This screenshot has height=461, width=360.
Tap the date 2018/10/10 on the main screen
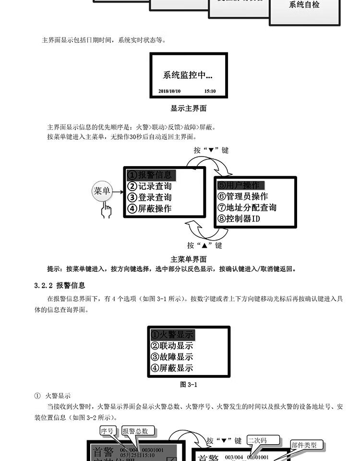point(169,91)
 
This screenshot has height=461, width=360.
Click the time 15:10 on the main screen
point(210,91)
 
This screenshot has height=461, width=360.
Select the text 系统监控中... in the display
point(188,75)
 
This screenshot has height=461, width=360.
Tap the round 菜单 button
point(102,191)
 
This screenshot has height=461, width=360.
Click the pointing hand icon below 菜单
point(106,210)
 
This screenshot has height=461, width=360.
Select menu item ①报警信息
point(149,174)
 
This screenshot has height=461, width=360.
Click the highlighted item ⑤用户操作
point(239,185)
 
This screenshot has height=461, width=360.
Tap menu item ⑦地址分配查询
point(247,208)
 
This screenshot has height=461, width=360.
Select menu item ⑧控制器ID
point(239,219)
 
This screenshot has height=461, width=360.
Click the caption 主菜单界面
point(189,259)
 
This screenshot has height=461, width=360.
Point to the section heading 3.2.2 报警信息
point(60,285)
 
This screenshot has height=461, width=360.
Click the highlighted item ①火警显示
point(172,334)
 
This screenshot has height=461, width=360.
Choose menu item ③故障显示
point(172,357)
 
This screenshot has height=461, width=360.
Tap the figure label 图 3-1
point(188,384)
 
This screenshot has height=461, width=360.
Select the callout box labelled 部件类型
point(304,445)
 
